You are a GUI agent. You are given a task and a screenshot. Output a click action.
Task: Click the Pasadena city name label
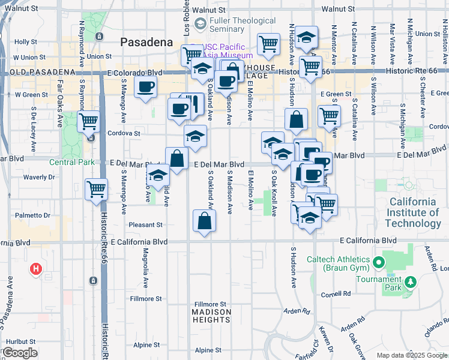point(146,42)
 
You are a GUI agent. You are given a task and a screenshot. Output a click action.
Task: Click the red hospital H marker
point(35,269)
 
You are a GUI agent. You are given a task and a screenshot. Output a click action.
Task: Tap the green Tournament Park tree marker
point(410,281)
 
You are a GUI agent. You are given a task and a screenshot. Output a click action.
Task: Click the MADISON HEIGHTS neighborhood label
point(211,316)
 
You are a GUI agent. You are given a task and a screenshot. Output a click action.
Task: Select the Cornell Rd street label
point(335,294)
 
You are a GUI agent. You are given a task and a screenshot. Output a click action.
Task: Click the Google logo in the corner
point(20,353)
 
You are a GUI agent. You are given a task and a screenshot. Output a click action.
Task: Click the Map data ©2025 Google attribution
point(411,355)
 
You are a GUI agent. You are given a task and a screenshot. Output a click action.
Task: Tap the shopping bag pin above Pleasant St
point(204,220)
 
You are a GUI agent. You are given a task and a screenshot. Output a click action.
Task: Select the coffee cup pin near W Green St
point(145,87)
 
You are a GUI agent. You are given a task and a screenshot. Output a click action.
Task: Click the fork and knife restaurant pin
point(194,103)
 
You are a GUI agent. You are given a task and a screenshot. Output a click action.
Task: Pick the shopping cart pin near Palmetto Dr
point(96,190)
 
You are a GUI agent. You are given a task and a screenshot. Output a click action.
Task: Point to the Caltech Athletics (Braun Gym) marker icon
point(378,262)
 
